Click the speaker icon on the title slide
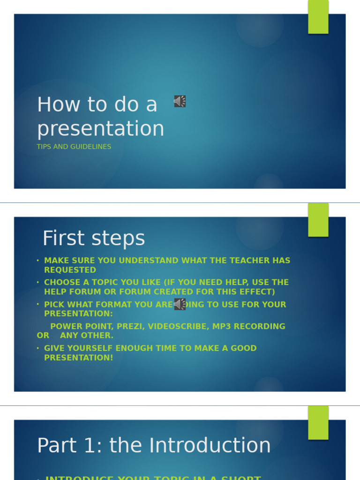click(x=180, y=101)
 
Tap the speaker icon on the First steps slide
click(x=180, y=304)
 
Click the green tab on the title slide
click(x=318, y=17)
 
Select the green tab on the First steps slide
click(x=318, y=220)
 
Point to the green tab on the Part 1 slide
click(x=318, y=423)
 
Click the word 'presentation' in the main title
click(x=101, y=128)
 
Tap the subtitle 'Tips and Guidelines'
click(x=74, y=147)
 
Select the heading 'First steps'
click(x=94, y=238)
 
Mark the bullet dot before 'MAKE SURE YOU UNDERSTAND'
click(x=38, y=261)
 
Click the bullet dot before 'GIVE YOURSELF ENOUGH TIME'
click(x=38, y=348)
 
